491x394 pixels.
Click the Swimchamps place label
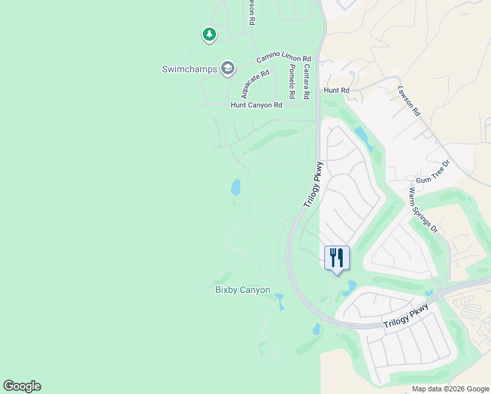[x=190, y=68]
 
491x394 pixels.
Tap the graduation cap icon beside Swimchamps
[x=228, y=68]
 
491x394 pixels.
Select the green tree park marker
[x=209, y=34]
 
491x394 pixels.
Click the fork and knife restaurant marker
[x=337, y=257]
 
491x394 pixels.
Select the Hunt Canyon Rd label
[x=256, y=105]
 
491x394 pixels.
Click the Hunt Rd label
[x=335, y=90]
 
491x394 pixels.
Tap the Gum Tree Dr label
[x=432, y=172]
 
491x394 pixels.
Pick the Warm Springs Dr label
[x=423, y=210]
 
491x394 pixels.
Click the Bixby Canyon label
[x=243, y=290]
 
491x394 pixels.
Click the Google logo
[x=22, y=386]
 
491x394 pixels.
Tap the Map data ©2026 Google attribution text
[x=450, y=389]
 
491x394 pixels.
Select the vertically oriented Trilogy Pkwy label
[x=314, y=185]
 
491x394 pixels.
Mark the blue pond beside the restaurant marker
[x=349, y=287]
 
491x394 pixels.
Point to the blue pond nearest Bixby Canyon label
[x=280, y=301]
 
